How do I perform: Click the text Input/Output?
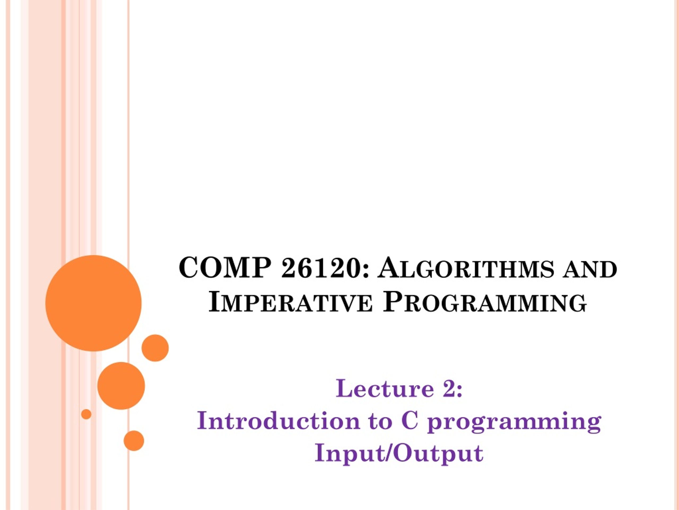click(x=399, y=454)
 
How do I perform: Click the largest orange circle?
click(x=93, y=303)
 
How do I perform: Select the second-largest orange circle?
click(x=121, y=386)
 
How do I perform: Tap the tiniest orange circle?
click(x=86, y=414)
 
